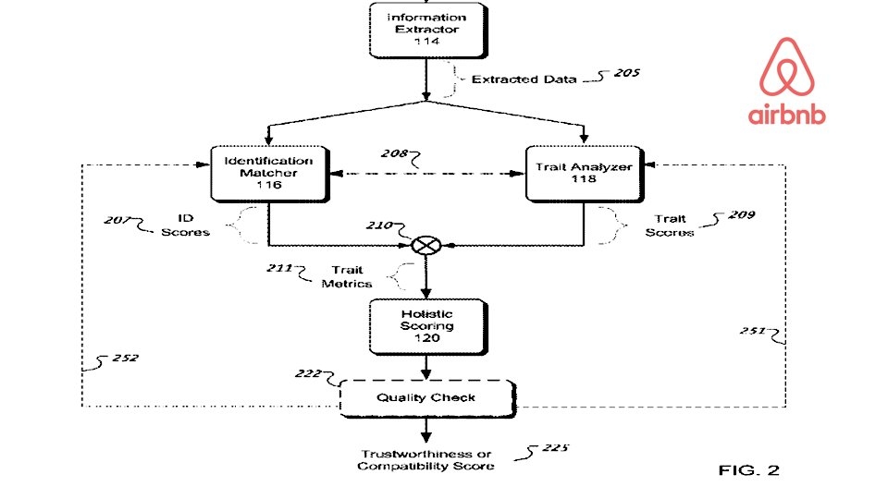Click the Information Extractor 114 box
(428, 30)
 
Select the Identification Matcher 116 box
(269, 174)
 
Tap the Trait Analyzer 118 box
(585, 174)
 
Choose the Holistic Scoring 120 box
(428, 326)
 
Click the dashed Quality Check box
(427, 398)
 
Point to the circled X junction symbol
(425, 246)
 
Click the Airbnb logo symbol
(786, 67)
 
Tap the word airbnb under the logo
(786, 115)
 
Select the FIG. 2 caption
(748, 470)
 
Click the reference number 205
(627, 73)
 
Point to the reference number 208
(394, 153)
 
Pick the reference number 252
(125, 359)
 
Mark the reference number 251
(753, 331)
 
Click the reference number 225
(555, 448)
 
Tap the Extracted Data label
(524, 79)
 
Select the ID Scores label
(185, 225)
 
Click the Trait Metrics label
(347, 276)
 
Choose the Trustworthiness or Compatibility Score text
(425, 460)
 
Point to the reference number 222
(308, 374)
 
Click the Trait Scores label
(670, 225)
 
